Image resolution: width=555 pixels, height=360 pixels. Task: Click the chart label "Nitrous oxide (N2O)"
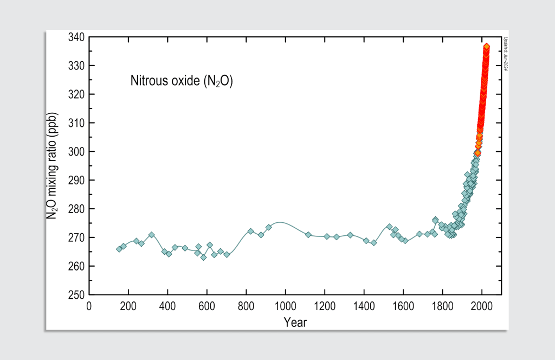click(181, 81)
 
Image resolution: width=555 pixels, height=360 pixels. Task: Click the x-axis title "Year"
click(295, 323)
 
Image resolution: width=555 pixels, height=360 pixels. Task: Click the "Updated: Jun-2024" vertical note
click(505, 54)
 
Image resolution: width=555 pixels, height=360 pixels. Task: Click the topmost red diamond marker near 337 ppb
click(487, 47)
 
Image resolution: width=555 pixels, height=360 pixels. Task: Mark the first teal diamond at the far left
click(119, 249)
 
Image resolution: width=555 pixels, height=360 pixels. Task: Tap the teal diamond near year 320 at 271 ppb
click(152, 235)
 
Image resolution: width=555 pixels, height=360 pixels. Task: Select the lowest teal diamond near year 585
click(204, 257)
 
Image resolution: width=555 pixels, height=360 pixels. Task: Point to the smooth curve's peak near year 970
click(280, 222)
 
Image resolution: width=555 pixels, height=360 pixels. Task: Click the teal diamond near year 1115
click(308, 235)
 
